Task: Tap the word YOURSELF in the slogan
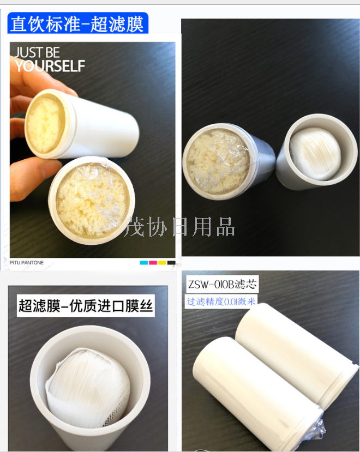50,67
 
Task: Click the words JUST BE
37,53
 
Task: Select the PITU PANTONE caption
26,263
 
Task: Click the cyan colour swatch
143,263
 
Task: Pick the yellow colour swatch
162,263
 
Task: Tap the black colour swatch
171,263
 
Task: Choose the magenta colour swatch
153,263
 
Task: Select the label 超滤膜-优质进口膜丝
86,305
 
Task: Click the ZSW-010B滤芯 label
222,284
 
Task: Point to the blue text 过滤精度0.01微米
221,301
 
